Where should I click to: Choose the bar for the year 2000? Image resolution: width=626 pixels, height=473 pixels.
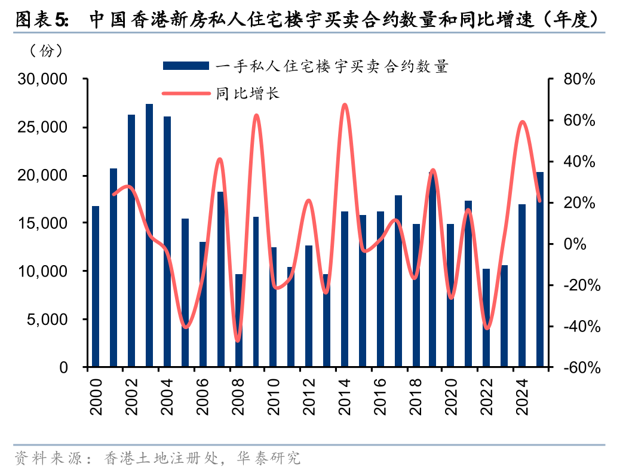96,286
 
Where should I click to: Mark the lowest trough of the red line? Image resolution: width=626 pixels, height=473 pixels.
238,341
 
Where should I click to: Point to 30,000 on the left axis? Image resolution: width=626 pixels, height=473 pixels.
45,79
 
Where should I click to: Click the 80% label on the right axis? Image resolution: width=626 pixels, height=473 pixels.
578,79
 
